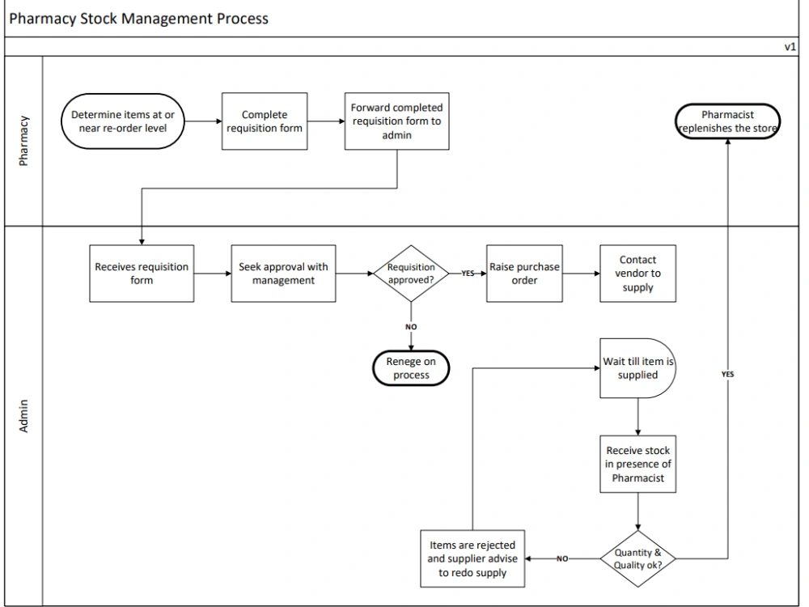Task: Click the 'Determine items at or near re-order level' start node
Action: pyautogui.click(x=122, y=121)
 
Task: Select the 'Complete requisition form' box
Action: pyautogui.click(x=265, y=121)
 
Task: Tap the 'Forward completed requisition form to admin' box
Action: pyautogui.click(x=396, y=121)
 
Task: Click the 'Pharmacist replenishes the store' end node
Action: pyautogui.click(x=727, y=121)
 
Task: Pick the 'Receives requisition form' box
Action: pyautogui.click(x=142, y=274)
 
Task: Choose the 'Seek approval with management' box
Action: pyautogui.click(x=283, y=274)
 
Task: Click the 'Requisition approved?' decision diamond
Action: pyautogui.click(x=411, y=274)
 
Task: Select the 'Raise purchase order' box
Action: pyautogui.click(x=524, y=274)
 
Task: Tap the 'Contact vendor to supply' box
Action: pyautogui.click(x=637, y=274)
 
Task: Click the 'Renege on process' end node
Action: pyautogui.click(x=411, y=368)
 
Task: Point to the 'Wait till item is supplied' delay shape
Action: pyautogui.click(x=637, y=368)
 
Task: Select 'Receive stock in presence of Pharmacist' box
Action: pyautogui.click(x=637, y=465)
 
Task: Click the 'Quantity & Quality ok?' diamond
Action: pyautogui.click(x=637, y=558)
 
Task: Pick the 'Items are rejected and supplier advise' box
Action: pyautogui.click(x=472, y=558)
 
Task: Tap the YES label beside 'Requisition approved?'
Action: pyautogui.click(x=468, y=274)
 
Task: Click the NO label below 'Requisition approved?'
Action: pyautogui.click(x=411, y=327)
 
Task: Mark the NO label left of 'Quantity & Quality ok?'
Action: pyautogui.click(x=561, y=558)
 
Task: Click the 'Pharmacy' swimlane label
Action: pyautogui.click(x=23, y=141)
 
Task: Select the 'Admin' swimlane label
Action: pyautogui.click(x=23, y=415)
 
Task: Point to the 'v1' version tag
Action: pyautogui.click(x=790, y=47)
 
